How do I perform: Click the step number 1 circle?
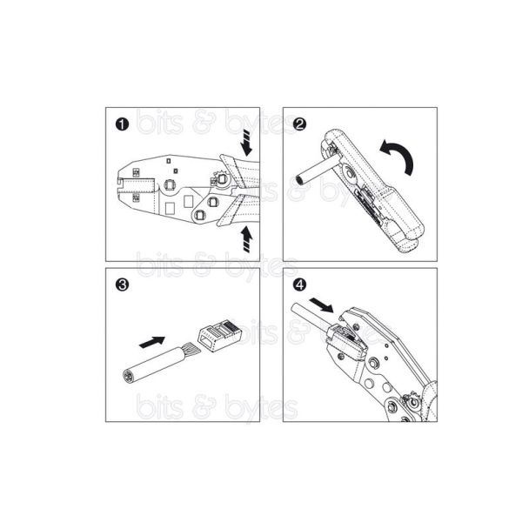[x=122, y=124]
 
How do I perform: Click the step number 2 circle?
[x=299, y=124]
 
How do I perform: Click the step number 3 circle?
[x=122, y=285]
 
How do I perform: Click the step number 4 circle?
[x=299, y=285]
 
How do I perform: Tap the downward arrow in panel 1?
[x=246, y=144]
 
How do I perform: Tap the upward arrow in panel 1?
[x=246, y=239]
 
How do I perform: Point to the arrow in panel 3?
[x=152, y=342]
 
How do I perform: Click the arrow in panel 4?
[x=321, y=305]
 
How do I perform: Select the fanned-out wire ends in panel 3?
[x=192, y=350]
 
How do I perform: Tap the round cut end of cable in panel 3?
[x=128, y=376]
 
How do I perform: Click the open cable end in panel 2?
[x=299, y=179]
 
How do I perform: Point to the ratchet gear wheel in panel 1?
[x=221, y=179]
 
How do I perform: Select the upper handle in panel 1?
[x=240, y=171]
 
